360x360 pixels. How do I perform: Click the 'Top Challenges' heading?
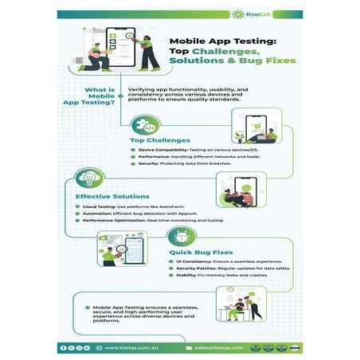[160, 140]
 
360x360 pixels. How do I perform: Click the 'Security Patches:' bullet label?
[195, 269]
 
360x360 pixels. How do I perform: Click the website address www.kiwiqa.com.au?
[133, 348]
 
